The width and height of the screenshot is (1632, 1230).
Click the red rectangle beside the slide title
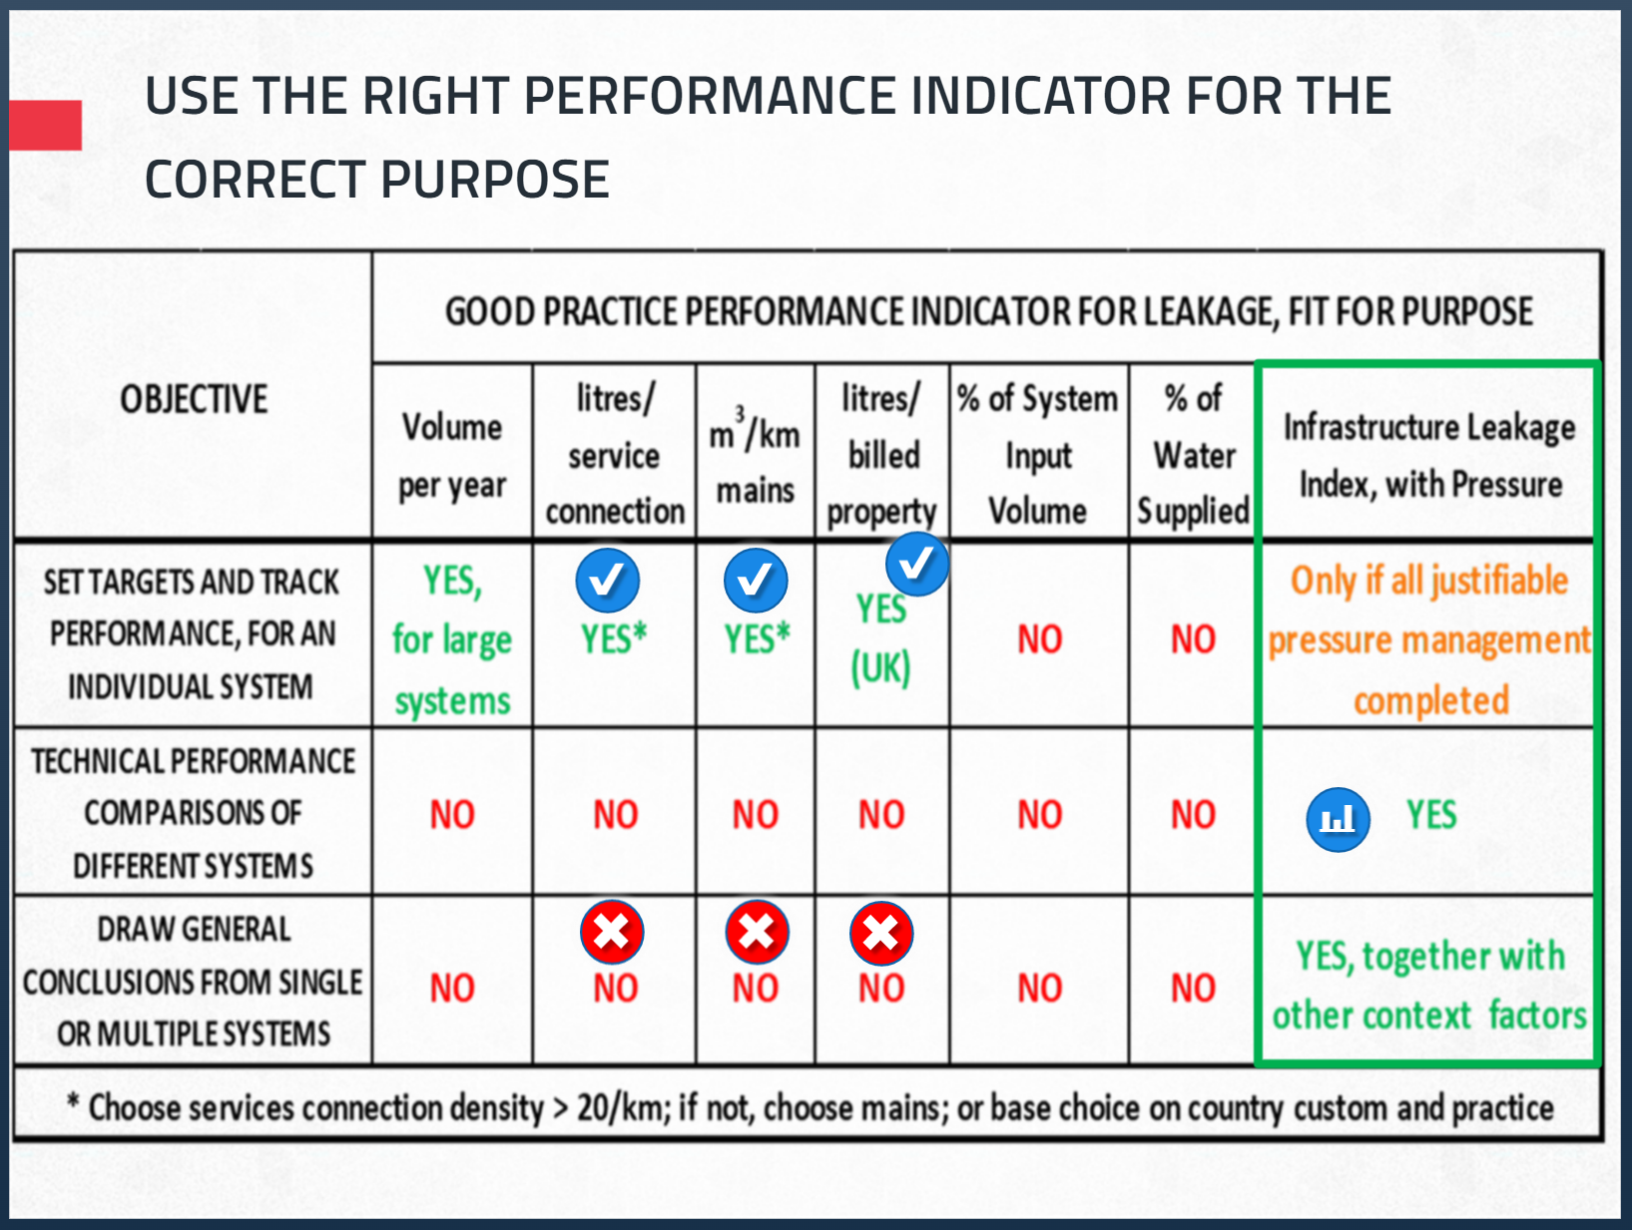45,125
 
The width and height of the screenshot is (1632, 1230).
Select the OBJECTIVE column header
194,399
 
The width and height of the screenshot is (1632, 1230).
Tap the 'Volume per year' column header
452,456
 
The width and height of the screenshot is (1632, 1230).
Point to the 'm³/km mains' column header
755,456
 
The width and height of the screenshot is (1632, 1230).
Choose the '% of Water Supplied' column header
1194,456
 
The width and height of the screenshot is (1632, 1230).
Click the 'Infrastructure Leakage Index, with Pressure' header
1429,456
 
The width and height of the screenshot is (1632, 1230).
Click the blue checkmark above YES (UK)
916,564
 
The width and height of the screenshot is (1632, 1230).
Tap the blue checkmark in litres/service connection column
608,581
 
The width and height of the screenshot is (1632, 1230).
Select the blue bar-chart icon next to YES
1339,819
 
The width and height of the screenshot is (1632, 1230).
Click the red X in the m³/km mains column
757,932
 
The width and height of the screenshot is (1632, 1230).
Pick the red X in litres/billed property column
881,934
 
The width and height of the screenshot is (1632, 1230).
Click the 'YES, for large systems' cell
452,639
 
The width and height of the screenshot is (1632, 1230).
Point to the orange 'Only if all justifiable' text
1429,581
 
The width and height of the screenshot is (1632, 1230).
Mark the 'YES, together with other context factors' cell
1429,986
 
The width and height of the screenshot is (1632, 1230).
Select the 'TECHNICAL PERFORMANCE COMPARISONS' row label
194,813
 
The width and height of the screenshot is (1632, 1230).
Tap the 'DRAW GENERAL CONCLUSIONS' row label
194,982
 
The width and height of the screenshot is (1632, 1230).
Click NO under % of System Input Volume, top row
1039,638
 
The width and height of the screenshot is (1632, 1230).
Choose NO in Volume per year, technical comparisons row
452,815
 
